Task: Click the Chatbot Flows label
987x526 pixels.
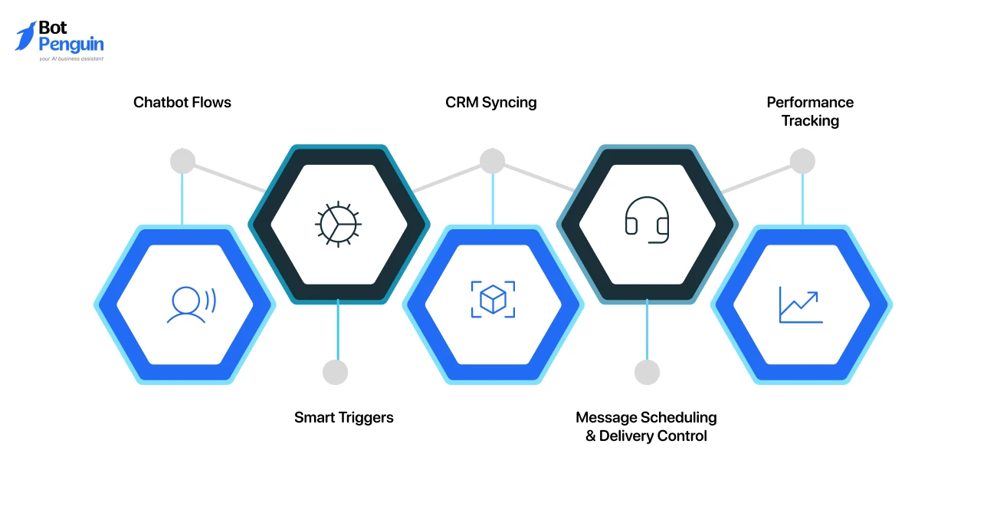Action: (182, 102)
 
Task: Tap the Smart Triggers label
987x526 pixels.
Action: (343, 417)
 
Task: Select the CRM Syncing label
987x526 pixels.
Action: (490, 102)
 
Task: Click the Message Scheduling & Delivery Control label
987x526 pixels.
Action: (646, 426)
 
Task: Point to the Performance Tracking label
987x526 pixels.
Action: (810, 111)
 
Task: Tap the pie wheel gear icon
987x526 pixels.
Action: (338, 223)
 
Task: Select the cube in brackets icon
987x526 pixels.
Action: (493, 299)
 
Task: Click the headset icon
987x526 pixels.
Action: (647, 220)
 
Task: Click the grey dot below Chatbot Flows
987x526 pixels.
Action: (182, 161)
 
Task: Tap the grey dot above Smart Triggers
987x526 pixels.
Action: (335, 372)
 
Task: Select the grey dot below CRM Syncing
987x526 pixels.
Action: (492, 161)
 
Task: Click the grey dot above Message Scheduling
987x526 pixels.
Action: (647, 372)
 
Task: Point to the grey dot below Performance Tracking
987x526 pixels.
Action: (802, 161)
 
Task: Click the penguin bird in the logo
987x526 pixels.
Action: (25, 36)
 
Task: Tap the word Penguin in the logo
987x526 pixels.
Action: (70, 44)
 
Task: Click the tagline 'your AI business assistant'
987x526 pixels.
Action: (70, 58)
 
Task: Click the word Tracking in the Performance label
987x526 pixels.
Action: (810, 120)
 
